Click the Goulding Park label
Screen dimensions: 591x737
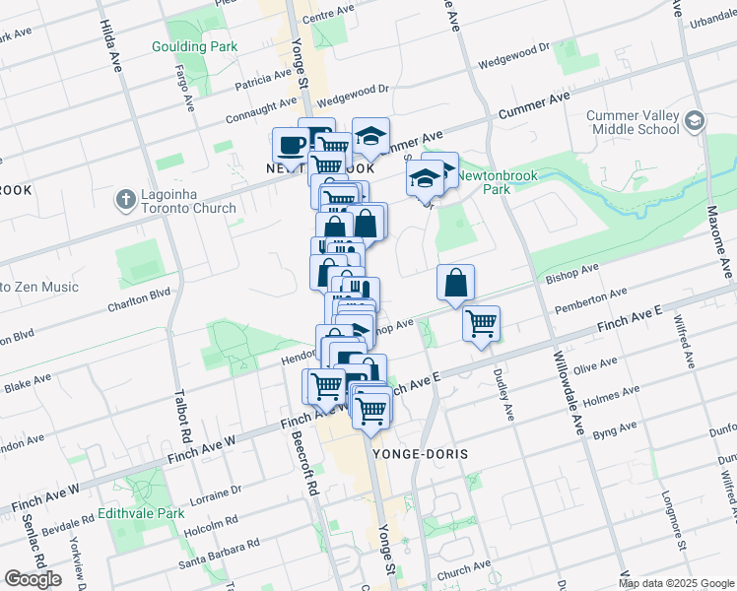coord(194,46)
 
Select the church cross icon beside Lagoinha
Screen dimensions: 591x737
coord(124,201)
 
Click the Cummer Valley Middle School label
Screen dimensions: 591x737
coord(634,122)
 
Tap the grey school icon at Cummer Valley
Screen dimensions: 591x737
coord(694,121)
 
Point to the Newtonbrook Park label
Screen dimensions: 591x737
coord(497,180)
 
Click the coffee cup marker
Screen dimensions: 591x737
coord(291,145)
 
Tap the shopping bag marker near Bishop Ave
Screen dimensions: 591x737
coord(456,283)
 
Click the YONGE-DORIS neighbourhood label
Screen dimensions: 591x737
coord(421,454)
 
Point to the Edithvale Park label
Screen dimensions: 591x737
coord(141,514)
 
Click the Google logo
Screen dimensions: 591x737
coord(33,579)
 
